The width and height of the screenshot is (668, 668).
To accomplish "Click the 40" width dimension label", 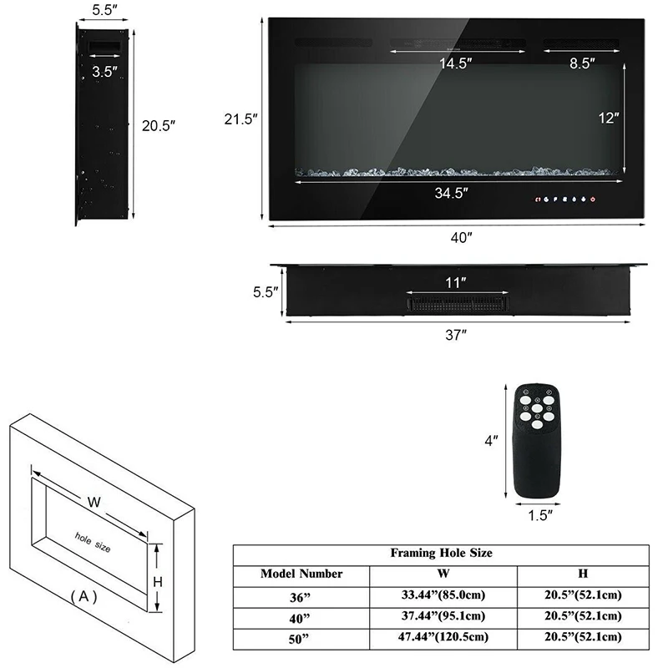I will point(461,237).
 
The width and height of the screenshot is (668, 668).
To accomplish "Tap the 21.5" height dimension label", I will point(240,119).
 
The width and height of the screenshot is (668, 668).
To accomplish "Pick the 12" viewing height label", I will point(609,118).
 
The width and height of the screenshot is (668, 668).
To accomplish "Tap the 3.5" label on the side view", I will point(105,72).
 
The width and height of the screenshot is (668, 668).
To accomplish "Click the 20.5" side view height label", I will point(159,125).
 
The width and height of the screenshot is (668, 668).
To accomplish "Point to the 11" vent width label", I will point(456,282).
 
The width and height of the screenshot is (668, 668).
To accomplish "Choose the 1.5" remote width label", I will point(540,515).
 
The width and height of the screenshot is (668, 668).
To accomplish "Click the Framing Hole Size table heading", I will point(441,553).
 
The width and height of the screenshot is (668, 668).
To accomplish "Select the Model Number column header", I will point(301,574).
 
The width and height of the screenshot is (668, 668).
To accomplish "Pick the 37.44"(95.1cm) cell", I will point(443,616).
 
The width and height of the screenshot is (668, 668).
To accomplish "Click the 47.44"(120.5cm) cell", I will point(443,637).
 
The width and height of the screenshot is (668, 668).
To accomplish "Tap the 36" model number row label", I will point(301,596).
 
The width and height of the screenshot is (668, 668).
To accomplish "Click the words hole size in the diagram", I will point(92,542).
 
